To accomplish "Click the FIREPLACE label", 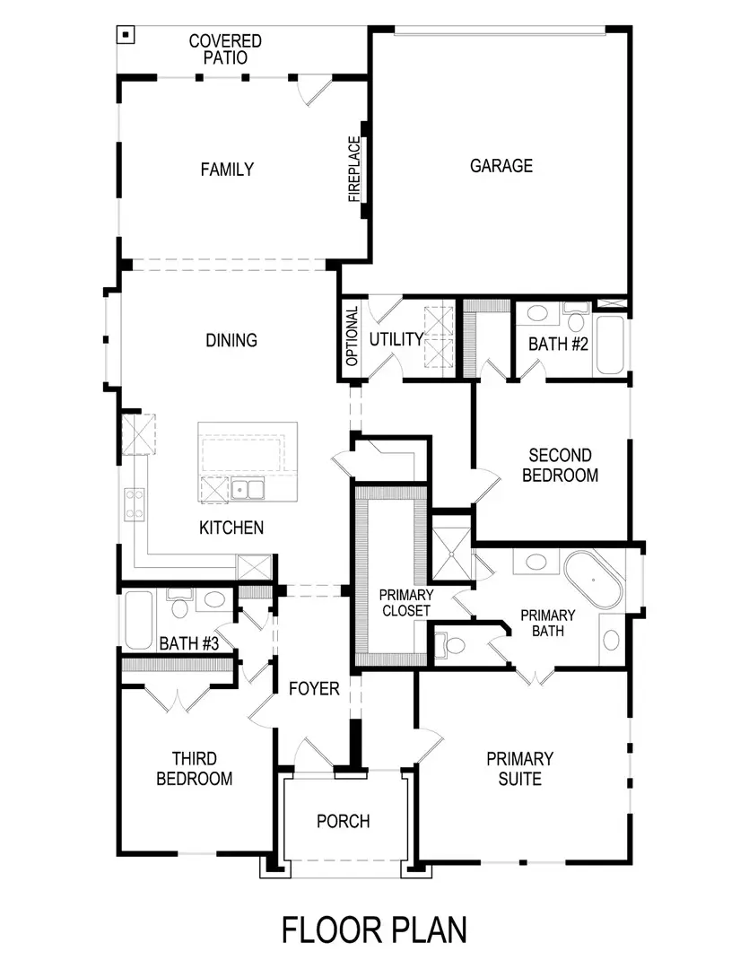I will [x=354, y=169].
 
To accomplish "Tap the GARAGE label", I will [x=501, y=165].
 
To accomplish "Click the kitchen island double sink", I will [x=248, y=489].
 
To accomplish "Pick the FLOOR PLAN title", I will [x=374, y=930].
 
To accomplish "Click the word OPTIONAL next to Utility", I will [x=352, y=336].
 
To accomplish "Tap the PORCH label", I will [x=344, y=821].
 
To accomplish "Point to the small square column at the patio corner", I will [x=126, y=35].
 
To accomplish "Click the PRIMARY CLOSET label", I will [x=405, y=602].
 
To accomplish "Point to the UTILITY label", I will [x=396, y=339].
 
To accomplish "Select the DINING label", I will [x=231, y=340].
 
